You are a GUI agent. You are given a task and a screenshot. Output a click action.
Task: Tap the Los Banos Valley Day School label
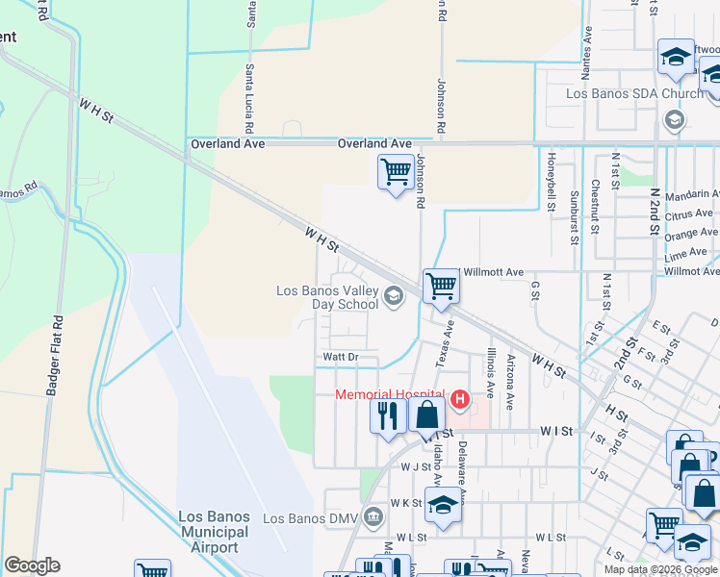[327, 297]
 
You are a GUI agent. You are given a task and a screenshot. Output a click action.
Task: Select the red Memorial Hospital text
[389, 395]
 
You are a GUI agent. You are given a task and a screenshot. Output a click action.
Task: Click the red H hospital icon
[460, 398]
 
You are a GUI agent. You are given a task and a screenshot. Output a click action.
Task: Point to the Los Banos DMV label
[310, 518]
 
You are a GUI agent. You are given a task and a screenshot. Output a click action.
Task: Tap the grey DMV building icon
[373, 519]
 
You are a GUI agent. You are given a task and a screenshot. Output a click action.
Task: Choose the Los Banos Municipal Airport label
[214, 532]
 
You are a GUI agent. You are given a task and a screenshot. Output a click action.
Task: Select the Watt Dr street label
[340, 357]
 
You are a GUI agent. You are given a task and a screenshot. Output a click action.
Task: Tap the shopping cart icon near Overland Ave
[396, 172]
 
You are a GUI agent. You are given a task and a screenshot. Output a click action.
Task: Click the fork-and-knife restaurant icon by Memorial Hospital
[388, 415]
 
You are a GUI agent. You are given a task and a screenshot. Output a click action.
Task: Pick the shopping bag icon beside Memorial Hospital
[427, 415]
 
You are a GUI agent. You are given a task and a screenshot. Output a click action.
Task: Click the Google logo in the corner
[32, 565]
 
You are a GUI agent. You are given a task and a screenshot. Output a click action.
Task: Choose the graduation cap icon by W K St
[443, 503]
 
